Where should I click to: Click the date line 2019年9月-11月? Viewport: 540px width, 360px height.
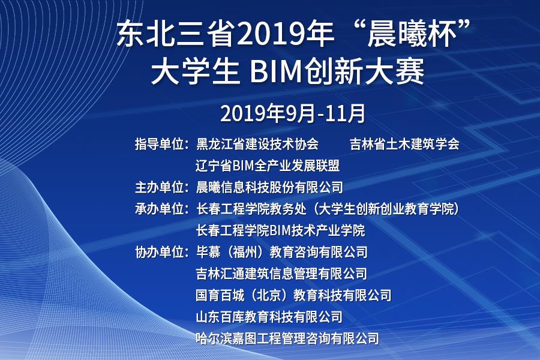tap(292, 113)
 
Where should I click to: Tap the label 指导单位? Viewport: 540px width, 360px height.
tap(160, 144)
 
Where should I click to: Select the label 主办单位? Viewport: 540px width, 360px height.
tap(160, 187)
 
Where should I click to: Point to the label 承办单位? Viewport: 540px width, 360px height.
tap(160, 209)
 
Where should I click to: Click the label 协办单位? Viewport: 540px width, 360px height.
tap(160, 252)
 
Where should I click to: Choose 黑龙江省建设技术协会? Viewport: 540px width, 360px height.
tap(257, 144)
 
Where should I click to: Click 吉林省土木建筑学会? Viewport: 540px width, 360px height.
tap(404, 144)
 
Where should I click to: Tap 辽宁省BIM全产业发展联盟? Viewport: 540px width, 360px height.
tap(268, 166)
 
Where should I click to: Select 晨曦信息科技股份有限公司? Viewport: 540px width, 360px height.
tap(269, 187)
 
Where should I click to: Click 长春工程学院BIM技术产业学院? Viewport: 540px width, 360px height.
tap(280, 230)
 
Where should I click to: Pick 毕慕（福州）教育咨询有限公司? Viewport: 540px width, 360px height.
tap(282, 252)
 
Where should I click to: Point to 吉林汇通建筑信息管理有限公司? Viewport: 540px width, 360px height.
tap(282, 274)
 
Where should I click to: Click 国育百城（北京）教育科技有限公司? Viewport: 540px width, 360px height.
tap(294, 295)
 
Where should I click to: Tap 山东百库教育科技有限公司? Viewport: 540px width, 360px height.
tap(269, 317)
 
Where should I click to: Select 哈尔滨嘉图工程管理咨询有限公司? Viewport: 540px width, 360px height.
tap(287, 338)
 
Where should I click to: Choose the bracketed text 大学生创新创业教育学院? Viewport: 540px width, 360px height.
tap(386, 209)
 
